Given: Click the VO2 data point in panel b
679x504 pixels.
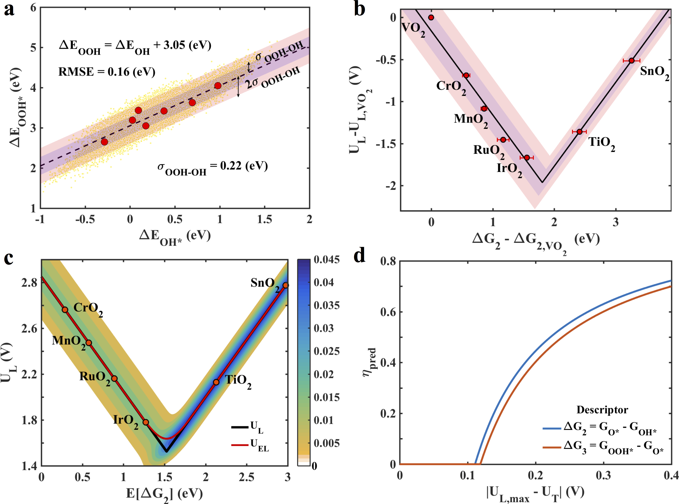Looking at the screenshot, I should tap(431, 17).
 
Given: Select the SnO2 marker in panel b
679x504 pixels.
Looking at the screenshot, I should tap(631, 60).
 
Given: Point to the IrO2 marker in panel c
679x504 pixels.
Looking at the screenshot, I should tap(146, 422).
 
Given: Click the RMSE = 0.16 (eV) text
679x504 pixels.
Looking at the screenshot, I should tap(107, 72).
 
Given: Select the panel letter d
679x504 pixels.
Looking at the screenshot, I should tap(359, 256).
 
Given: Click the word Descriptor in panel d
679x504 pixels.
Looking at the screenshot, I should tap(602, 410).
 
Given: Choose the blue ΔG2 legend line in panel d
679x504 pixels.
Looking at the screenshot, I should tap(552, 428).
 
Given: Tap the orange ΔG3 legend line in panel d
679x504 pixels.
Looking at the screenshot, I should tap(552, 448).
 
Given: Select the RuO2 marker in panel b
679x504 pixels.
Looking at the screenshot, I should tap(503, 140).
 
